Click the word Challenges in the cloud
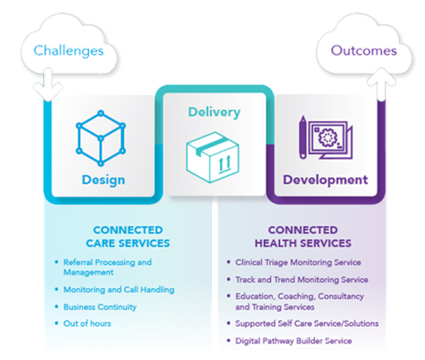tap(69, 51)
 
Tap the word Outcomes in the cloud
tap(363, 50)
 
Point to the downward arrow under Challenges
tap(48, 84)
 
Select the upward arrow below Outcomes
tap(382, 84)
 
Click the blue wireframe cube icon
tap(100, 138)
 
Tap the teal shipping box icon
tap(213, 158)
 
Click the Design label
tap(103, 180)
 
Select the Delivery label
tap(214, 112)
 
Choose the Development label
tap(326, 180)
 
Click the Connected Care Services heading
tap(128, 237)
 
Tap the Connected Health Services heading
tap(303, 237)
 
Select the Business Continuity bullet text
tap(100, 307)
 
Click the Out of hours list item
tap(87, 324)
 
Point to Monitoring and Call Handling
tap(119, 290)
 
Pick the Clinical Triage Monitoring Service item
tap(298, 262)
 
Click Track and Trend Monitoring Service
tap(302, 280)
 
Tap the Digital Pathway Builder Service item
tap(293, 341)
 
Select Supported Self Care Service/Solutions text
tap(307, 324)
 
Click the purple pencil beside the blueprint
tap(303, 137)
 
